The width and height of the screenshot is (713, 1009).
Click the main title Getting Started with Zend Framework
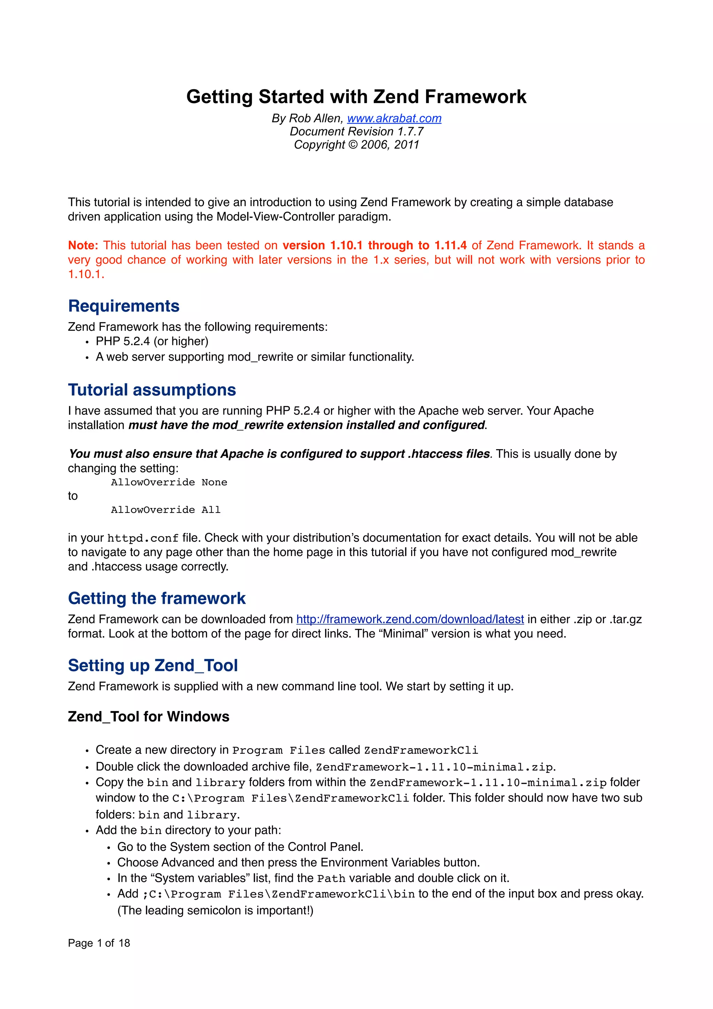[x=356, y=97]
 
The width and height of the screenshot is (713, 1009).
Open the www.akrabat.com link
[x=394, y=118]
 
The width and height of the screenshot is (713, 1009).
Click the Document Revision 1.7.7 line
[x=356, y=131]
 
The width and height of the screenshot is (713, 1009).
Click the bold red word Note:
[x=83, y=245]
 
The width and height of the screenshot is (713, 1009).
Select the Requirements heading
[x=124, y=306]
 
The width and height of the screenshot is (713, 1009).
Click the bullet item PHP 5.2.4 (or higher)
[x=152, y=342]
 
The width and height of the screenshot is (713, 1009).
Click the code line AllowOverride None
[x=169, y=483]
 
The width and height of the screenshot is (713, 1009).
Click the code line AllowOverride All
[x=166, y=510]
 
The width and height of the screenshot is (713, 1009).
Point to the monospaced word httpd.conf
[x=143, y=538]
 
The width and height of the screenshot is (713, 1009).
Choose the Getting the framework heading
[x=156, y=599]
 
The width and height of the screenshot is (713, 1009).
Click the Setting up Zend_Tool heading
[x=152, y=665]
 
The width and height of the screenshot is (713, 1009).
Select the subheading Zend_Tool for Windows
[x=149, y=717]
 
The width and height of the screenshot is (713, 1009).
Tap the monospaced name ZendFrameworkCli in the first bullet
[x=421, y=750]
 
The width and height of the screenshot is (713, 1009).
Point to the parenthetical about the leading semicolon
[x=215, y=910]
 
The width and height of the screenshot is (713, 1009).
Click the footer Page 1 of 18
[x=99, y=943]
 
